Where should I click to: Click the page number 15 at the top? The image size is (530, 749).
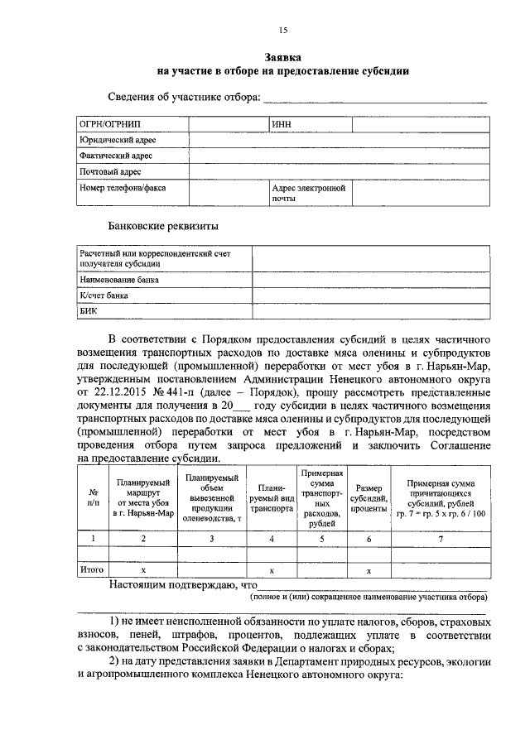pos(282,31)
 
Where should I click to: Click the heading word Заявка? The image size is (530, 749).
pos(282,57)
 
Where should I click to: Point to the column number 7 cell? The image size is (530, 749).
pos(440,539)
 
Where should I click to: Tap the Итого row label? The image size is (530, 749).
pos(90,570)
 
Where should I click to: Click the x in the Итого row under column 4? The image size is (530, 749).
pos(271,570)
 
